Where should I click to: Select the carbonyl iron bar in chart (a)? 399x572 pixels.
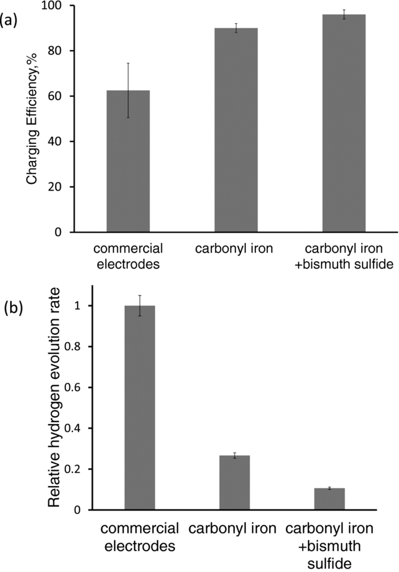tap(236, 130)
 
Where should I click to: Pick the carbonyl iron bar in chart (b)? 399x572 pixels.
tap(234, 483)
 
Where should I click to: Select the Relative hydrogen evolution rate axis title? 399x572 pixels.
tap(54, 397)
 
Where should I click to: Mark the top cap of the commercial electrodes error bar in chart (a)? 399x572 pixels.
tap(128, 63)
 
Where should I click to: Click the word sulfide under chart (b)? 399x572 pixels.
tap(329, 564)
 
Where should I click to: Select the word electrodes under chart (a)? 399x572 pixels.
tap(128, 264)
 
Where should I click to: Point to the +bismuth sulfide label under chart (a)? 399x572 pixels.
tap(344, 264)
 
